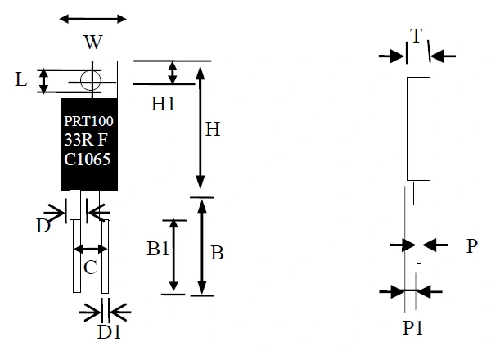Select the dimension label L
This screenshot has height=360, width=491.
pos(21,79)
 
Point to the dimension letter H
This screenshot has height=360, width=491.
pos(212,128)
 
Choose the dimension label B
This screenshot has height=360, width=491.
pos(217,253)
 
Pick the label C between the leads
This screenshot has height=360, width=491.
pos(91,266)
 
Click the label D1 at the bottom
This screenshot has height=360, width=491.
pos(109,333)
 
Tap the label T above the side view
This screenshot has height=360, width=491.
pos(417,35)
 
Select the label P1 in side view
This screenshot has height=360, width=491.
pos(413,328)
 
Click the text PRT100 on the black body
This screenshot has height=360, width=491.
pos(88,121)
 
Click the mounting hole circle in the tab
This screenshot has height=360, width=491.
pos(90,79)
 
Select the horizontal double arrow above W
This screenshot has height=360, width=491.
pos(94,19)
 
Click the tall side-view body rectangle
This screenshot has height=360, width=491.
pos(419,128)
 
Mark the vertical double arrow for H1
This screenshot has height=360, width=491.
pos(172,72)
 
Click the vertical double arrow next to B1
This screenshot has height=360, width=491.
pos(173,255)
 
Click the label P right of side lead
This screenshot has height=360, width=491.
pos(471,245)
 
